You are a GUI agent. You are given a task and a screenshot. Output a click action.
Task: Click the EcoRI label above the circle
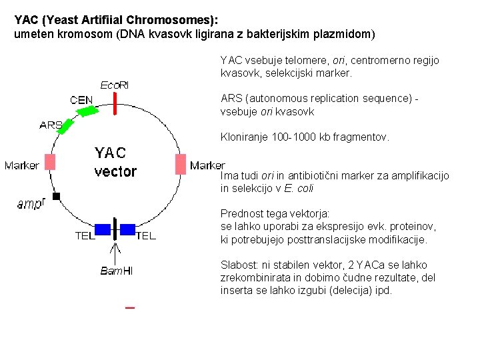click(114, 85)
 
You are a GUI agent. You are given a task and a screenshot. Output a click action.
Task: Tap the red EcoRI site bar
click(115, 103)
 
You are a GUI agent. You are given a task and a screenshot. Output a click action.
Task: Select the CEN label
click(81, 100)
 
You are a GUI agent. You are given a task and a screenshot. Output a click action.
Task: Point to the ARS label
click(51, 125)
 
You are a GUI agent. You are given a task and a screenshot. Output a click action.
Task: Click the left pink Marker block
click(50, 162)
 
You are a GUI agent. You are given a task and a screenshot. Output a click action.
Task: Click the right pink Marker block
click(180, 164)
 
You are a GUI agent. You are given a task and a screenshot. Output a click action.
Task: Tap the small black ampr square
click(57, 196)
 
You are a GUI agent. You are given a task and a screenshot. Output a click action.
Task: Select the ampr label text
click(30, 204)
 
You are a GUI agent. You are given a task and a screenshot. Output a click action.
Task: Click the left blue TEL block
click(103, 229)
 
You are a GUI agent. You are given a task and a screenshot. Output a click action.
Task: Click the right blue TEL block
click(127, 229)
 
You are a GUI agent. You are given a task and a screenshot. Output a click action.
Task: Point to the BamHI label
click(116, 271)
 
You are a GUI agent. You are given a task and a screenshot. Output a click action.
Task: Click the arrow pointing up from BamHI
click(116, 253)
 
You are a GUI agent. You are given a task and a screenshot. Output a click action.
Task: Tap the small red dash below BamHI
click(130, 307)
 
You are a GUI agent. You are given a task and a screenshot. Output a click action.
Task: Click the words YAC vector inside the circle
click(115, 162)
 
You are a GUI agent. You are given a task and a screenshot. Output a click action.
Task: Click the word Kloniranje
click(244, 137)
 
